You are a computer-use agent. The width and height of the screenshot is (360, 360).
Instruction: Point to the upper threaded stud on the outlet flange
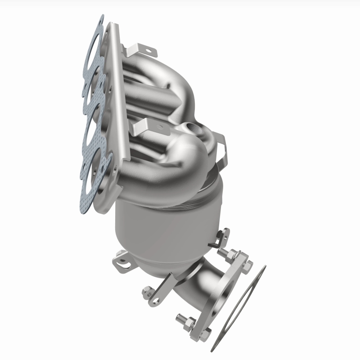225,253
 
